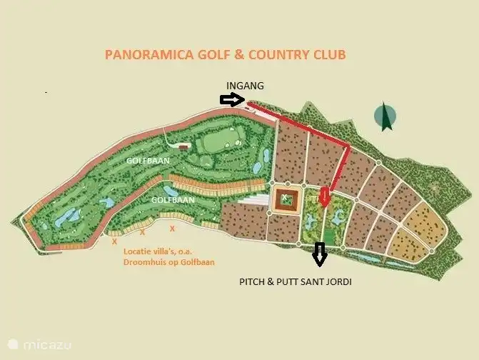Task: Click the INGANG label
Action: [x=245, y=85]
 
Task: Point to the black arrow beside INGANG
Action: [x=232, y=101]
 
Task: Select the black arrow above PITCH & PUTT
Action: [x=319, y=253]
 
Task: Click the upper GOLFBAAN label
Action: [x=148, y=161]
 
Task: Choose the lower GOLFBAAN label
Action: [x=173, y=200]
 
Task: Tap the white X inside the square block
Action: [x=285, y=197]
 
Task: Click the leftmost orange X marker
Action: [x=114, y=241]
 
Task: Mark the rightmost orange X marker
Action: [x=172, y=229]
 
